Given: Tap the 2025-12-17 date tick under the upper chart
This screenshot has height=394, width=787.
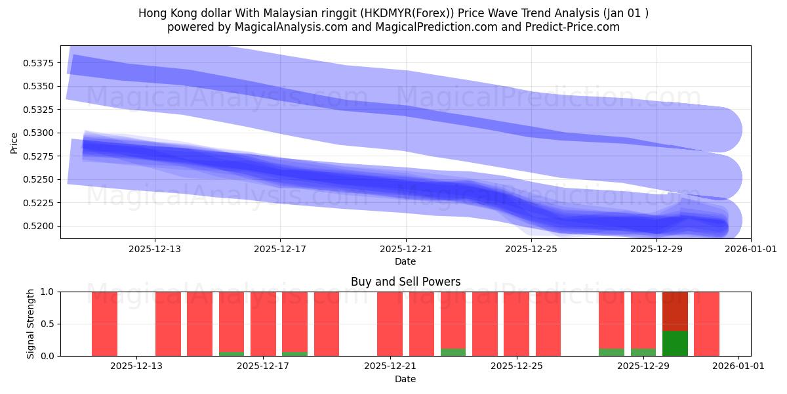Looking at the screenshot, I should coord(280,249).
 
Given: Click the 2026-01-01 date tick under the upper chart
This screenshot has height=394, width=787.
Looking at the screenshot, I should coord(750,249).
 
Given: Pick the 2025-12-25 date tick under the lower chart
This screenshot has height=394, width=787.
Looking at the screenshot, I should coord(517,366).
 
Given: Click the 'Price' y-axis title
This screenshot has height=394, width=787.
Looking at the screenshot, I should coord(14,142).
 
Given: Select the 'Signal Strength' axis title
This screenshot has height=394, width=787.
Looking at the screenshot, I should coord(30,324).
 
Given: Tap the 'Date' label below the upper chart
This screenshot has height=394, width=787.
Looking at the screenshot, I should coord(405,261).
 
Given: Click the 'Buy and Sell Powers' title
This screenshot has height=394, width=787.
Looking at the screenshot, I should coord(405,282).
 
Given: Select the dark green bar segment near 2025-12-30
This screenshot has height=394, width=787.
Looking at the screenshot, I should coord(675,343).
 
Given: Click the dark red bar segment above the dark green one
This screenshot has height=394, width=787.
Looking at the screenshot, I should coord(675,311).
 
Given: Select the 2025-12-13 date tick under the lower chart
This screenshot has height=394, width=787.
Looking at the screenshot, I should coord(136,366).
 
